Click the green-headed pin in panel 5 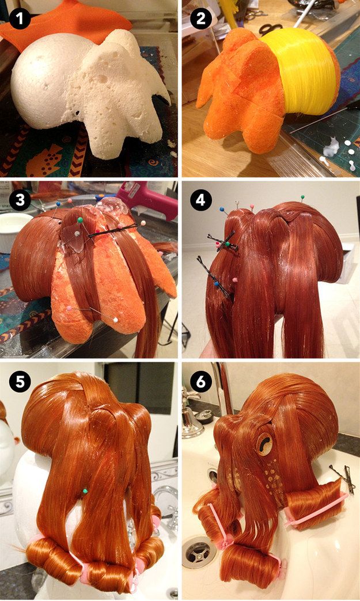(x=85, y=491)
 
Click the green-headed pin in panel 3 (x=80, y=220)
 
